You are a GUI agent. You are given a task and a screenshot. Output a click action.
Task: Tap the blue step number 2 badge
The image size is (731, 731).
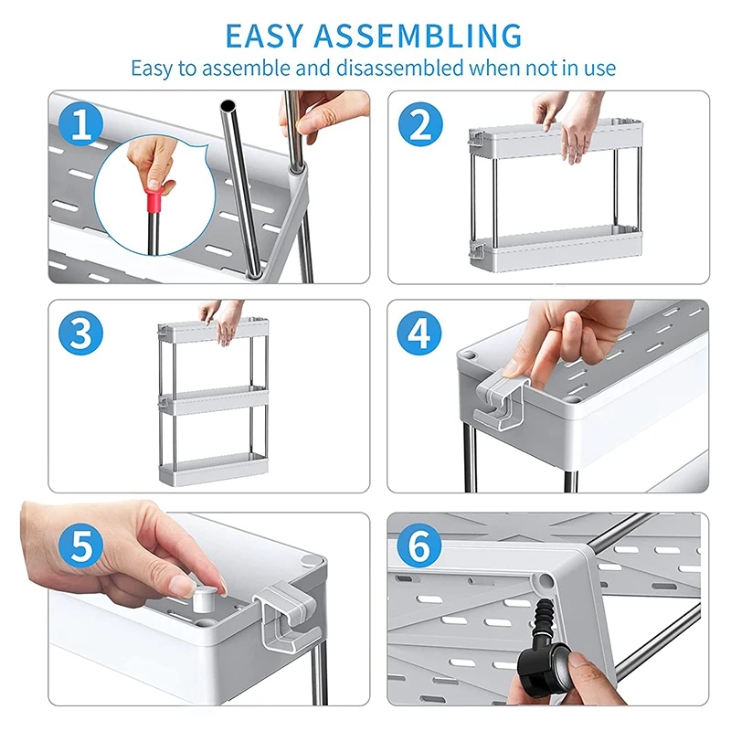pos(420,125)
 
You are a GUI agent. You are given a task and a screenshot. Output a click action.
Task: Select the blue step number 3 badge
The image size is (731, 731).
pos(81,334)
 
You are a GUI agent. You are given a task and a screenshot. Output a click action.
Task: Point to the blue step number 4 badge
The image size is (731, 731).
pos(419,334)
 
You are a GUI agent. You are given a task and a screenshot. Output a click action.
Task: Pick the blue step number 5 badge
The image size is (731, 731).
pos(81,546)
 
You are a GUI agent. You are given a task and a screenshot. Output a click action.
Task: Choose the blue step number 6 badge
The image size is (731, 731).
pos(418,546)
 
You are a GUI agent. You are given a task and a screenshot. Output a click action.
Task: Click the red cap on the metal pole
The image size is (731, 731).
pos(154,200)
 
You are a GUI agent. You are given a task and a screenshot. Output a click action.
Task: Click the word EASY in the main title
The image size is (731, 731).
pos(264,36)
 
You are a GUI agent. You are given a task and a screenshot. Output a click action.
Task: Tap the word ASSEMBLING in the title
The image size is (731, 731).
pos(418,36)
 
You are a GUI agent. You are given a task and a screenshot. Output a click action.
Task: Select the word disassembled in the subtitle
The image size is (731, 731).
pos(400,68)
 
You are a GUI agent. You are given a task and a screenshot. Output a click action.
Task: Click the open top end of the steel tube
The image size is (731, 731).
pos(228,105)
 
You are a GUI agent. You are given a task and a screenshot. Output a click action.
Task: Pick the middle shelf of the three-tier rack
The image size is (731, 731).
pos(215,401)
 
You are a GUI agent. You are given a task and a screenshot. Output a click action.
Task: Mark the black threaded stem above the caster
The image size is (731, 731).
pos(542,617)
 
